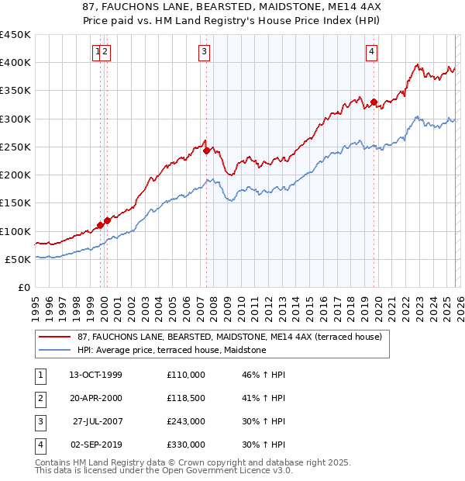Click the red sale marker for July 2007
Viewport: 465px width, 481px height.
coord(206,151)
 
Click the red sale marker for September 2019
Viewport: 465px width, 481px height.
coord(374,102)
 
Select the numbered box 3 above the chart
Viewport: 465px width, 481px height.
coord(204,52)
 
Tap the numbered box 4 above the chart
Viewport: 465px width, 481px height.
coord(372,52)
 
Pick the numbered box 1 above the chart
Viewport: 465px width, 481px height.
coord(98,52)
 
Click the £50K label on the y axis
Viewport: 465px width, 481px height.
coord(18,259)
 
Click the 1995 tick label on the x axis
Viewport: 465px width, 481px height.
coord(36,307)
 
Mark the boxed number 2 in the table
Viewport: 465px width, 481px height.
coord(40,398)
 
